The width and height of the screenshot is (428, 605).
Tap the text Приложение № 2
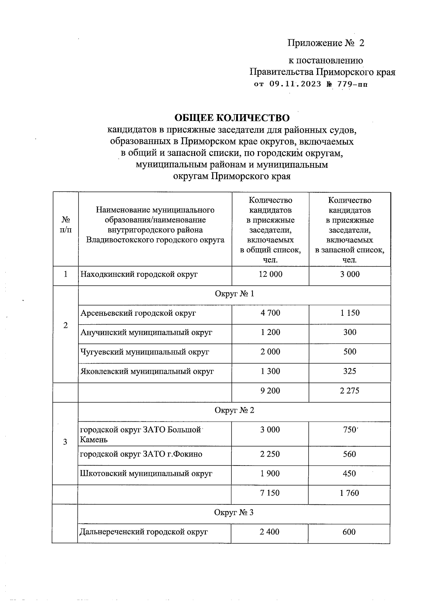[x=326, y=43]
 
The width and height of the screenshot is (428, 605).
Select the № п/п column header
[x=66, y=224]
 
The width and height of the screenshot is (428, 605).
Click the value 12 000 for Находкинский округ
[x=271, y=274]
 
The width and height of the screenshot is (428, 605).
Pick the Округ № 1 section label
[x=234, y=294]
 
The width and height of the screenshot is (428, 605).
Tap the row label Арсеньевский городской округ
[x=138, y=313]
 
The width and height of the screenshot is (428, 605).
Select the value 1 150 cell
[x=350, y=313]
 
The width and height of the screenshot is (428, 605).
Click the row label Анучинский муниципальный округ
[x=146, y=332]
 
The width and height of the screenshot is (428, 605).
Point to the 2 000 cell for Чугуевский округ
[x=270, y=352]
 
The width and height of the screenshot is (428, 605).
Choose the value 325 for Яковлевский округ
[x=350, y=371]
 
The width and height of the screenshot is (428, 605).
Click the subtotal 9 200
[x=270, y=391]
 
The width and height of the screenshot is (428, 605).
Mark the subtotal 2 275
[x=350, y=391]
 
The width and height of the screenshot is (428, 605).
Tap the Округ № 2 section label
[x=234, y=410]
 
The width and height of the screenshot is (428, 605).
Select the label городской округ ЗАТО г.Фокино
[x=141, y=454]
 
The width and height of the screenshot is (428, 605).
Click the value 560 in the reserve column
[x=349, y=454]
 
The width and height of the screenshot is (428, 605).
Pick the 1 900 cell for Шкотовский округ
[x=270, y=474]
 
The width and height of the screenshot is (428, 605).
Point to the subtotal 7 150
[x=270, y=493]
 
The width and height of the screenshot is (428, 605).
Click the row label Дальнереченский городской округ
[x=144, y=532]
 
